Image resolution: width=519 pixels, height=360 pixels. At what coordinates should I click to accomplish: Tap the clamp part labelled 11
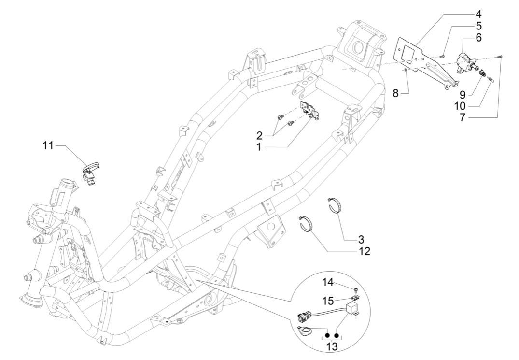point(89,172)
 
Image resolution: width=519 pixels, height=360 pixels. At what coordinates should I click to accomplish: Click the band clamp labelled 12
point(308,225)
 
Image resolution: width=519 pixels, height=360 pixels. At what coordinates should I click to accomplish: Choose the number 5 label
point(465,25)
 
